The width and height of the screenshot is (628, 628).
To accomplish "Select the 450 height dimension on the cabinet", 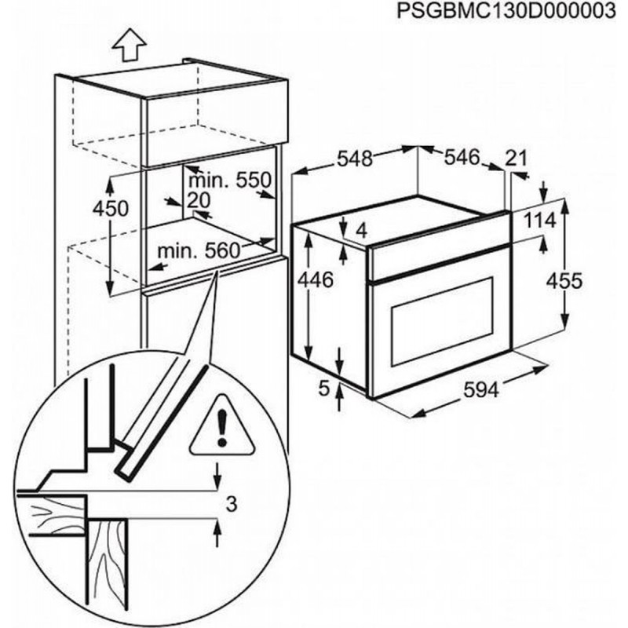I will [x=86, y=210].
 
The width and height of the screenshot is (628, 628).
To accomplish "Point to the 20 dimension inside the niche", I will [x=200, y=200].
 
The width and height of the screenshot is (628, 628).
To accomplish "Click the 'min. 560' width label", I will [x=196, y=251].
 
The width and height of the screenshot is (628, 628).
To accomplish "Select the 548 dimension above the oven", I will [x=354, y=159].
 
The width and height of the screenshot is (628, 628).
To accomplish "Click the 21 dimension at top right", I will [x=516, y=159].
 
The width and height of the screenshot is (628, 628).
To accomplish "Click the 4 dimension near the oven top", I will [x=363, y=231].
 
